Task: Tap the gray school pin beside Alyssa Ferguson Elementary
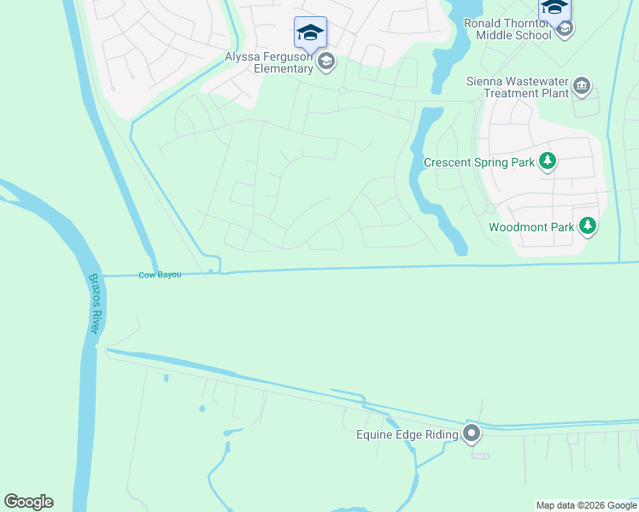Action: point(325,61)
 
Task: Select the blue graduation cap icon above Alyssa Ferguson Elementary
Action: point(310,33)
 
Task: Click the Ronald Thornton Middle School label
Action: point(507,29)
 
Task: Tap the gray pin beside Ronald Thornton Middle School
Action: point(564,29)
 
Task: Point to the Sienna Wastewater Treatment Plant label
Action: point(518,87)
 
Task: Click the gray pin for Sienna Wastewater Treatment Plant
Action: point(583,86)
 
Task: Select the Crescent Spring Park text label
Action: point(478,161)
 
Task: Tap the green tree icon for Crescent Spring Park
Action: point(547,161)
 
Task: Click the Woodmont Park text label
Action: point(528,227)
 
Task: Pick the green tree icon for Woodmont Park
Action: point(587,226)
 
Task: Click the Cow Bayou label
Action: point(160,275)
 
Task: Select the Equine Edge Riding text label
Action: point(407,434)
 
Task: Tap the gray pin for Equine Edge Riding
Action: point(472,434)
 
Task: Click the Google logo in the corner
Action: point(28,502)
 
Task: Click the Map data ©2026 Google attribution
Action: point(586,505)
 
